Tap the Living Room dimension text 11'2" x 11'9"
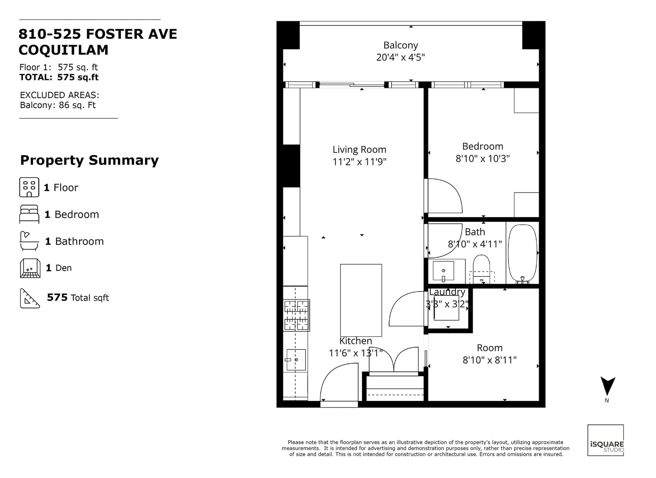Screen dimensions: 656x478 coord(359,161)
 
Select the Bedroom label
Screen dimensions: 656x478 coord(483,146)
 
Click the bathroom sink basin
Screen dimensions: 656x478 coord(443,271)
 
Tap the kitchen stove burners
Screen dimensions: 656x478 coord(296,315)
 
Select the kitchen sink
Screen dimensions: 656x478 coord(296,359)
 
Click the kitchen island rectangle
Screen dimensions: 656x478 coord(361,300)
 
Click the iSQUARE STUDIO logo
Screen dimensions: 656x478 coord(606,440)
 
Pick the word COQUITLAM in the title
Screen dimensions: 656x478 coord(64,50)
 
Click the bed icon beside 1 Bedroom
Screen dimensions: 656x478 coord(29,214)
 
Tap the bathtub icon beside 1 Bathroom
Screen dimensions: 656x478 coord(29,241)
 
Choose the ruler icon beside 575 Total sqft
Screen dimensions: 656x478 coord(30,298)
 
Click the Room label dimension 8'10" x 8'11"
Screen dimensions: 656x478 coord(490,360)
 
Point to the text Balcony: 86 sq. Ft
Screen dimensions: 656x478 coord(58,105)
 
